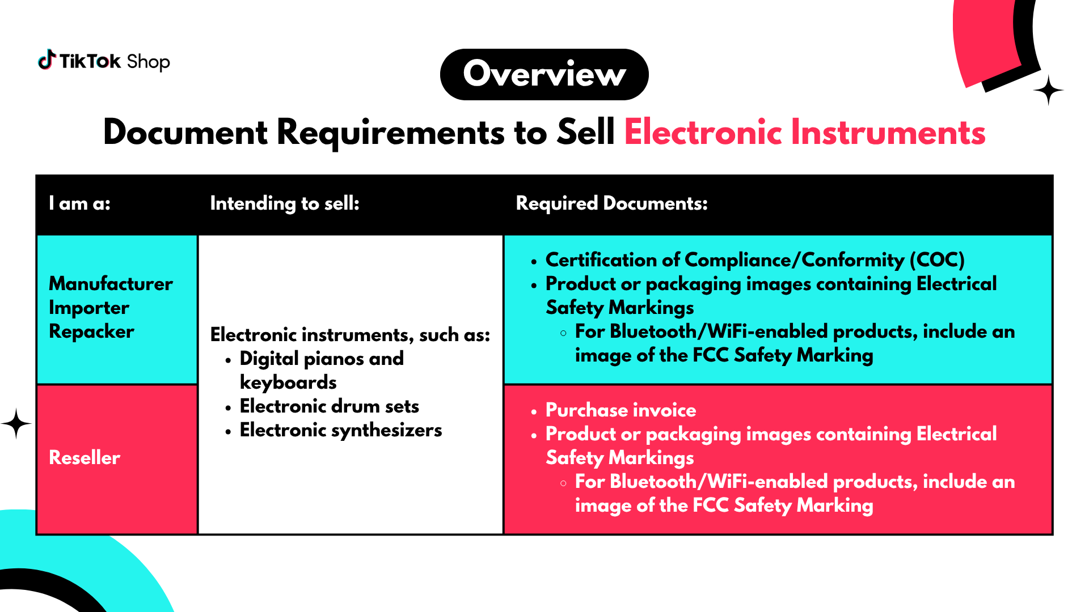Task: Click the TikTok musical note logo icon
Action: (47, 59)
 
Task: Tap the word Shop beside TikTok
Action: (148, 62)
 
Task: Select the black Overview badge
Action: (544, 74)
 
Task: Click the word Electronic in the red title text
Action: (703, 132)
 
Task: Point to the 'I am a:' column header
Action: (79, 203)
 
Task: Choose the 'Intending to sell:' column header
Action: (285, 203)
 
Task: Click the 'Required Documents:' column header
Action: (612, 203)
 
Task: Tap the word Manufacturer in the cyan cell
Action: (111, 283)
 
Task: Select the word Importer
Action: (89, 308)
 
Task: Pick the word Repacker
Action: (91, 331)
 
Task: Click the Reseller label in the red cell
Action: (85, 457)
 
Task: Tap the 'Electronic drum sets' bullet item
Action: (329, 406)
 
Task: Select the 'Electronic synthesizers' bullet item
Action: (341, 430)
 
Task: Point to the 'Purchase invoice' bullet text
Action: (621, 410)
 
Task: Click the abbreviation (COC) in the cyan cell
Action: (937, 260)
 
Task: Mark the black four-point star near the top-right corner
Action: (1048, 90)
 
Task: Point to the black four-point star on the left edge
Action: (16, 423)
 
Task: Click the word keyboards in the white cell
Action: (288, 382)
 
